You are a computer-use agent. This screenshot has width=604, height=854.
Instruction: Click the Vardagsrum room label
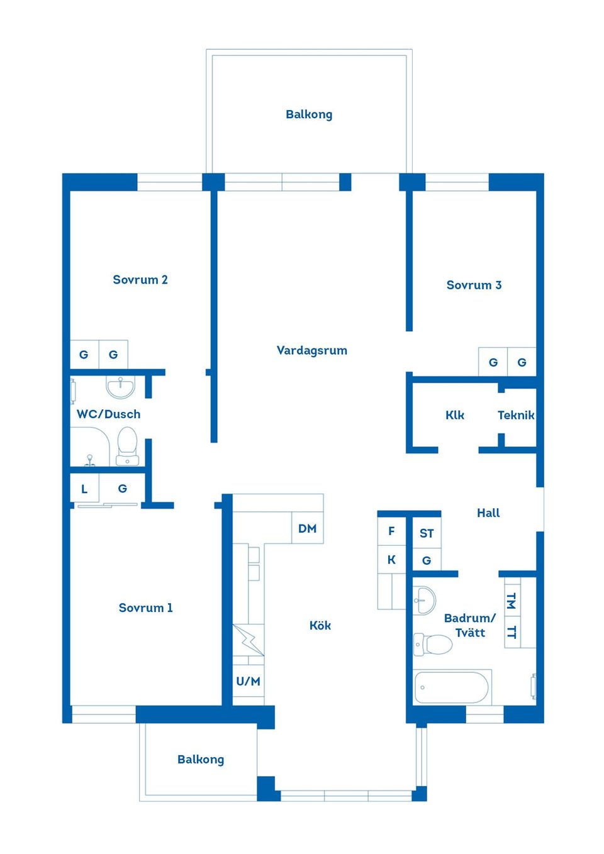tap(311, 350)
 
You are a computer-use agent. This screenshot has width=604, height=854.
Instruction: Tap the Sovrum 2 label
tap(140, 280)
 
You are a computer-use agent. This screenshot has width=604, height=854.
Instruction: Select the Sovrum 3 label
tap(474, 285)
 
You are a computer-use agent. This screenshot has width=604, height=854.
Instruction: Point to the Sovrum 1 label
tap(145, 607)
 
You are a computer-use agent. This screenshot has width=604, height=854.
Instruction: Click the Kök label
tap(320, 625)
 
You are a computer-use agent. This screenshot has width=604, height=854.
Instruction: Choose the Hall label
tap(488, 513)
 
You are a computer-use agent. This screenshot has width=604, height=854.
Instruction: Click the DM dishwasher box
tap(308, 528)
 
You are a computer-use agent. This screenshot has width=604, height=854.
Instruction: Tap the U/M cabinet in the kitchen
tap(249, 681)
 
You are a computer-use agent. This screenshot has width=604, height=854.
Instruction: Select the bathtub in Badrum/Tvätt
tap(452, 687)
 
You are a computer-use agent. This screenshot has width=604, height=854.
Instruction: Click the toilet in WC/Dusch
tap(127, 445)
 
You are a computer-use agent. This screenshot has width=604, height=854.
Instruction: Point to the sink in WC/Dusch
tap(120, 386)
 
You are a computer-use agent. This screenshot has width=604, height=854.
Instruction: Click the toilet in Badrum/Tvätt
tap(433, 644)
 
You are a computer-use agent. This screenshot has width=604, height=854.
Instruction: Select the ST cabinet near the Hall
tap(427, 533)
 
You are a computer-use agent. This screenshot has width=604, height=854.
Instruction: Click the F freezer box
tap(391, 531)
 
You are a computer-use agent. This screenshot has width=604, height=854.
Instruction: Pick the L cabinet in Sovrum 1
tap(84, 489)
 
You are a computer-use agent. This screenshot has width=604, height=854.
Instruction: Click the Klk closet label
tap(454, 415)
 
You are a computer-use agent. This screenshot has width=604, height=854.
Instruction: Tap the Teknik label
tap(516, 415)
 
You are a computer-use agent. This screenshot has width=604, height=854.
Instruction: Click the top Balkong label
tap(309, 114)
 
